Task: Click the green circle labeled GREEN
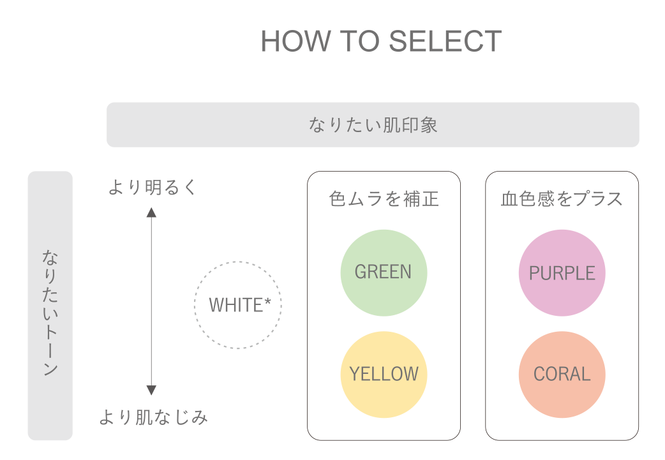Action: pyautogui.click(x=384, y=272)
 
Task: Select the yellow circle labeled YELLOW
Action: pyautogui.click(x=384, y=374)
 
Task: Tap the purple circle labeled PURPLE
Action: pyautogui.click(x=562, y=273)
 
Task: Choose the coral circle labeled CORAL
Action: pyautogui.click(x=562, y=374)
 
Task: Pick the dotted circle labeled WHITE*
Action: pyautogui.click(x=237, y=305)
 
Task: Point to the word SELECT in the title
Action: pyautogui.click(x=445, y=42)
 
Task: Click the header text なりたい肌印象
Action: pyautogui.click(x=373, y=125)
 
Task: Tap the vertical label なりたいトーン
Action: pyautogui.click(x=50, y=312)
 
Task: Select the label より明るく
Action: pyautogui.click(x=153, y=188)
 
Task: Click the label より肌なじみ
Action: pyautogui.click(x=153, y=418)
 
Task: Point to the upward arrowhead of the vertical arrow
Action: pyautogui.click(x=151, y=213)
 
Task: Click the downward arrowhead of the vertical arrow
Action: pyautogui.click(x=151, y=390)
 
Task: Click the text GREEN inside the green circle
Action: pyautogui.click(x=383, y=272)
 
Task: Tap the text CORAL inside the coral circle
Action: pyautogui.click(x=562, y=375)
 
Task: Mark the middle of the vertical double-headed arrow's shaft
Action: pyautogui.click(x=151, y=302)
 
